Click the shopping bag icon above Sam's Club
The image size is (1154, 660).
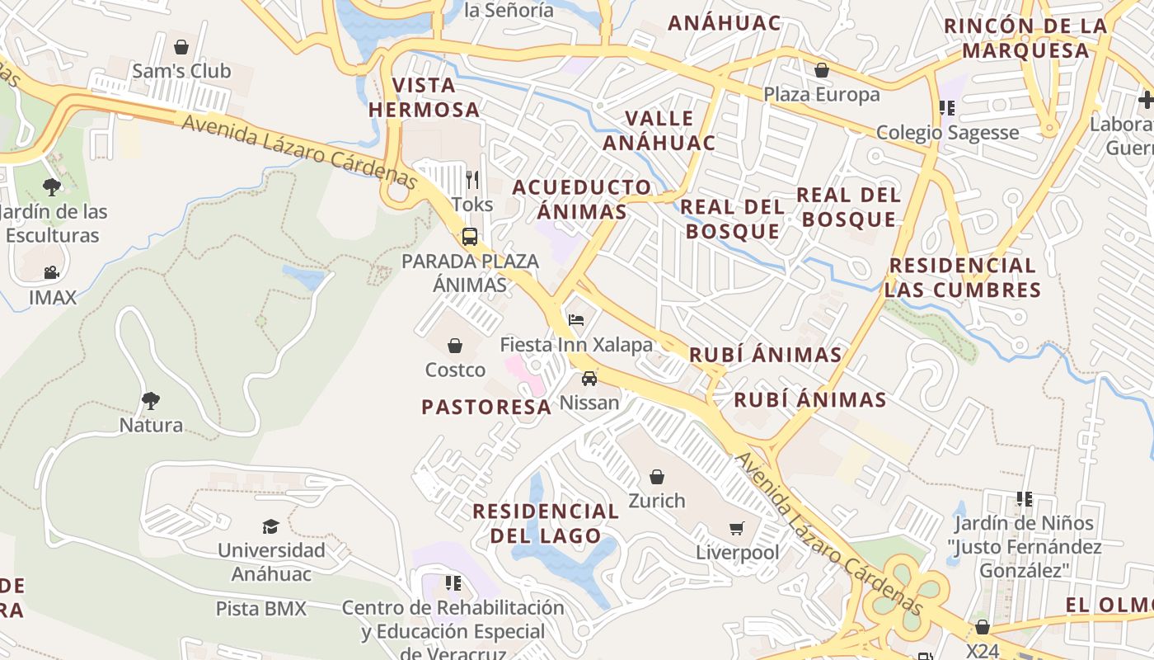tap(181, 47)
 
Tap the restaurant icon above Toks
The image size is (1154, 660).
tap(472, 178)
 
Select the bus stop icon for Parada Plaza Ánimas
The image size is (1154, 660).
tap(469, 237)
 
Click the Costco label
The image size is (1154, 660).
tap(455, 370)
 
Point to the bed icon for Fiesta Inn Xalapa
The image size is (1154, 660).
tap(576, 319)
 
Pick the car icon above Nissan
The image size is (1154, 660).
tap(589, 379)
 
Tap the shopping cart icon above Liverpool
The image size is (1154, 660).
tap(737, 528)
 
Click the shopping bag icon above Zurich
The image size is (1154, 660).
tap(657, 477)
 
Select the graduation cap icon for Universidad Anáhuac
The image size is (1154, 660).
tap(270, 526)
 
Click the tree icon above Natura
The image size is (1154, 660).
tap(150, 401)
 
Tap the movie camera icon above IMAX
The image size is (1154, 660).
tap(52, 272)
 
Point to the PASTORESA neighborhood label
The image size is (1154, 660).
tap(486, 407)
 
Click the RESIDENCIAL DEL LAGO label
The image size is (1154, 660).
tap(546, 523)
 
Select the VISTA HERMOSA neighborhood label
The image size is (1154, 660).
tap(424, 97)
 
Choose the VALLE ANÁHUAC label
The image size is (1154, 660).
tap(659, 130)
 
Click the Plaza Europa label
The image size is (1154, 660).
tap(821, 95)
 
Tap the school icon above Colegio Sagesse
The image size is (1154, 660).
tap(947, 107)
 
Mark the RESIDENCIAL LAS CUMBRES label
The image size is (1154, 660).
tap(963, 277)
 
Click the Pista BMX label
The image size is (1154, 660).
tap(260, 609)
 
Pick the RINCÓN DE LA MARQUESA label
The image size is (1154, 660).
tap(1025, 38)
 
